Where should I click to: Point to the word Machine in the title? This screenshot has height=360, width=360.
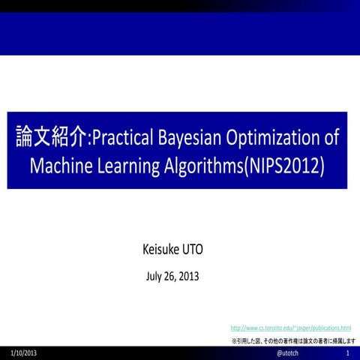coord(59,166)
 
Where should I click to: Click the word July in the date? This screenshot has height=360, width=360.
coord(154,275)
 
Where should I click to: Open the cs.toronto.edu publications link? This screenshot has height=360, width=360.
coord(290,328)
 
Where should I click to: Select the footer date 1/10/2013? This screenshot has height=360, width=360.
coord(24,352)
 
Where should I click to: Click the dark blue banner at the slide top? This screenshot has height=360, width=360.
coord(180,30)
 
